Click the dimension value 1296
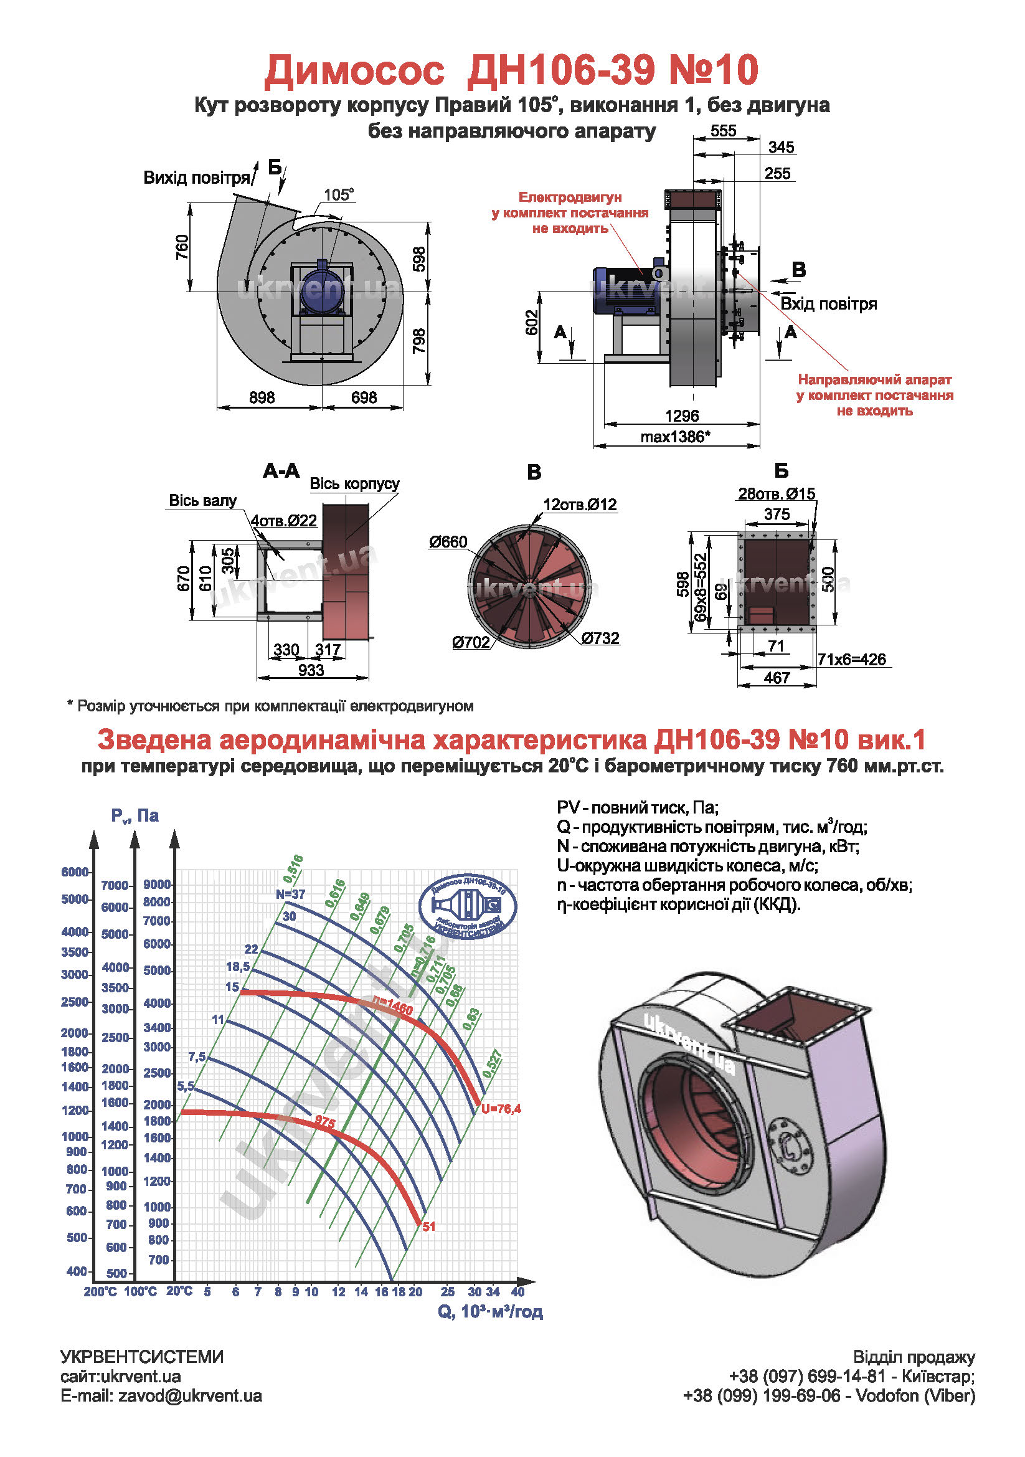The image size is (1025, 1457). (682, 415)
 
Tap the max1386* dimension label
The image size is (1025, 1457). (675, 437)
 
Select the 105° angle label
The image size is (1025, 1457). (339, 194)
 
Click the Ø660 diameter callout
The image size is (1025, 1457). (448, 542)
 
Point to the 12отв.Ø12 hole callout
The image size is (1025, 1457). (580, 505)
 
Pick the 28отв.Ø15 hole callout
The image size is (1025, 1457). (777, 494)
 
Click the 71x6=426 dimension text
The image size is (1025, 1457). (851, 659)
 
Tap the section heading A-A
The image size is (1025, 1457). (281, 471)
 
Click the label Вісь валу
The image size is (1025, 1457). (202, 501)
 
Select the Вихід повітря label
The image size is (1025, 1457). (197, 178)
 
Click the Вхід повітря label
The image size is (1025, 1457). (828, 304)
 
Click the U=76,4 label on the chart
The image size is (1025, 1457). (501, 1109)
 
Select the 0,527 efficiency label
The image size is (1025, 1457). (493, 1063)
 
